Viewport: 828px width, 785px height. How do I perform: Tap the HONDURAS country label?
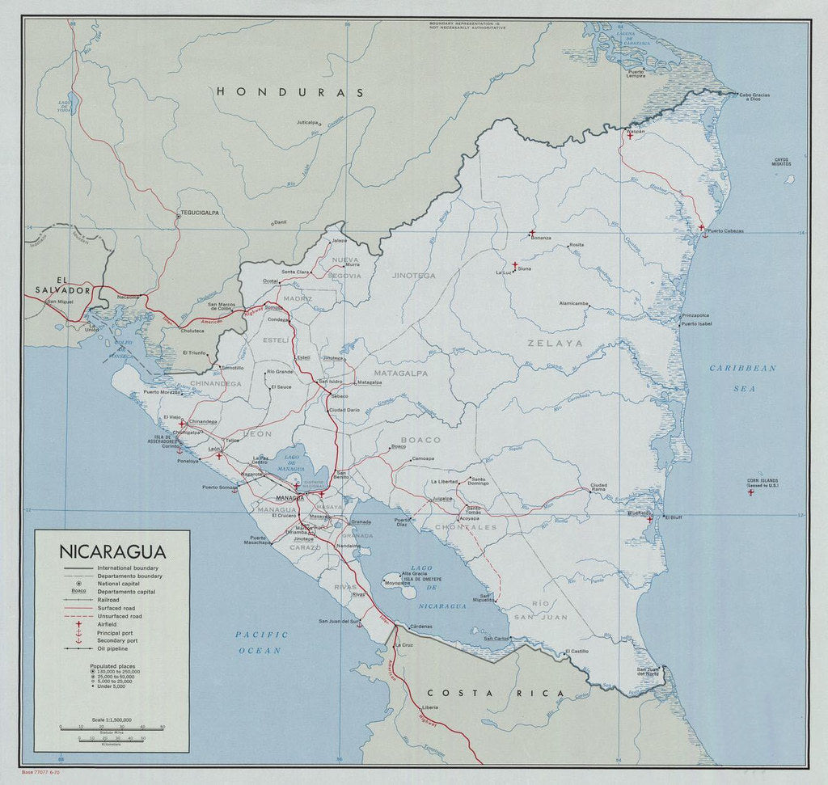[289, 92]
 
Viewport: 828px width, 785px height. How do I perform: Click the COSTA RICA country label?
[494, 693]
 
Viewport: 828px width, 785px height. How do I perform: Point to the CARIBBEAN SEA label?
[742, 376]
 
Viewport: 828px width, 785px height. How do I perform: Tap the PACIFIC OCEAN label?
[261, 642]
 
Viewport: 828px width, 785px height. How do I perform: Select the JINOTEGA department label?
[413, 275]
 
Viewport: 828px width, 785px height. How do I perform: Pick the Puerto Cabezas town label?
[723, 232]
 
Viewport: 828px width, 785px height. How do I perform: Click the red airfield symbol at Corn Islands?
[750, 492]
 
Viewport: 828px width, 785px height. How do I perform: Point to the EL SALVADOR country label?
[60, 281]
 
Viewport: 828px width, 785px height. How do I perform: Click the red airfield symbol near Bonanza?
[531, 233]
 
